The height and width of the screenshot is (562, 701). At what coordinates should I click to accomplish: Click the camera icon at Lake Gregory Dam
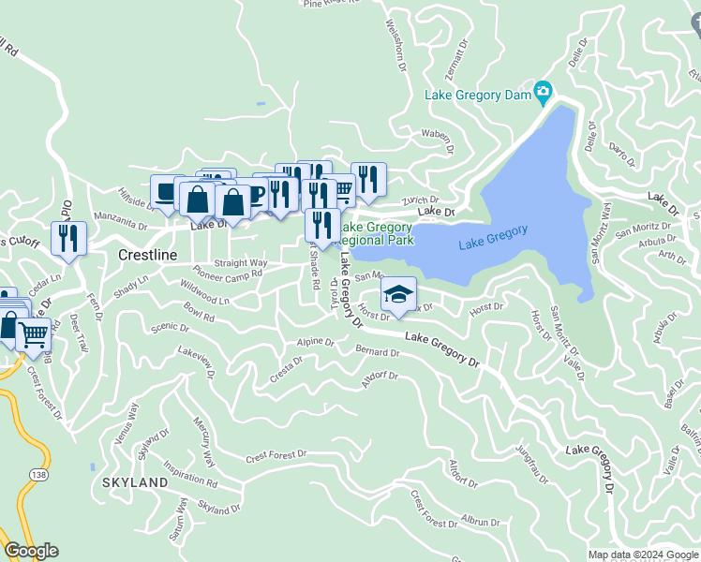[542, 93]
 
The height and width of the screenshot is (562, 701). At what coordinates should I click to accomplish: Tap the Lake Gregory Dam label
[477, 95]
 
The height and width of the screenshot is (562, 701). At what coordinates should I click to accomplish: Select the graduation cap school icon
[398, 295]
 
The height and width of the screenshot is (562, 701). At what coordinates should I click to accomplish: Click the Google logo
[31, 551]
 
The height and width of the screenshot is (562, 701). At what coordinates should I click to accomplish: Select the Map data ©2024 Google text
[642, 555]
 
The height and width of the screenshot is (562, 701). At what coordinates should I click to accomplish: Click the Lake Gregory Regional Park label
[377, 233]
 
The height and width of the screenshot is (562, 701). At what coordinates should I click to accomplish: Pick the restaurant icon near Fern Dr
[68, 238]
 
